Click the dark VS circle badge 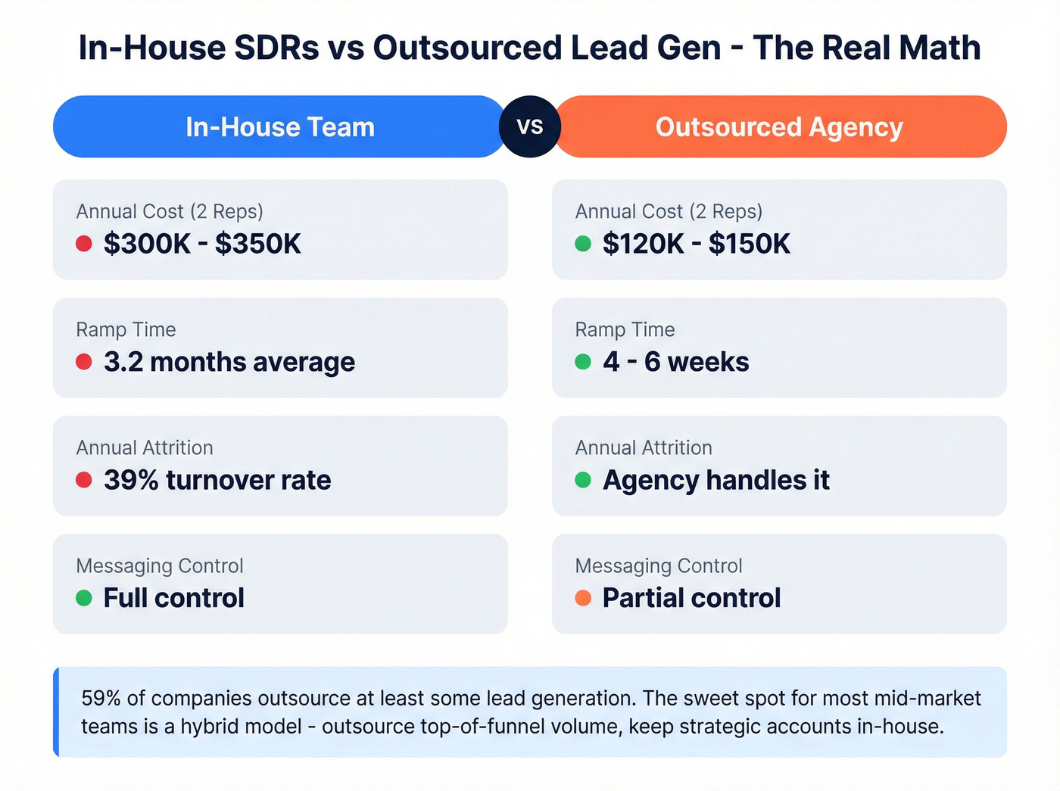coord(530,126)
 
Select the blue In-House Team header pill coord(279,126)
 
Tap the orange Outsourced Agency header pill coord(780,126)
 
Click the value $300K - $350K coord(202,244)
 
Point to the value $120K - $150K coord(696,244)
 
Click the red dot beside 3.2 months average coord(84,362)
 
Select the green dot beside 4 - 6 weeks coord(583,362)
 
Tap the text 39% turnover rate coord(217,480)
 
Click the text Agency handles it coord(715,480)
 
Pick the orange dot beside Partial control coord(583,598)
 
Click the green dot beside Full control coord(84,598)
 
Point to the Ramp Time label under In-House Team coord(126,329)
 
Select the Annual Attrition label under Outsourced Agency coord(644,447)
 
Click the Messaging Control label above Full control coord(160,565)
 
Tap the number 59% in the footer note coord(101,698)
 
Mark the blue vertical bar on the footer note coord(56,712)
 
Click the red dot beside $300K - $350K coord(84,244)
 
